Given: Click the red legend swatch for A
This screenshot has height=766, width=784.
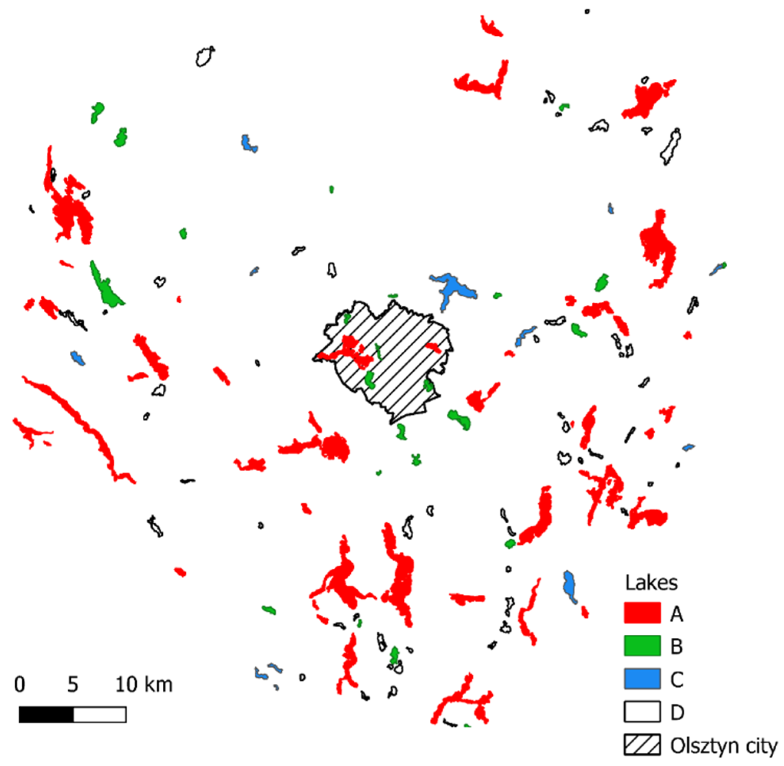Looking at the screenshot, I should click(x=642, y=612).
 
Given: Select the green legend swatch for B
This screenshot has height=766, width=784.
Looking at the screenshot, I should click(x=642, y=646).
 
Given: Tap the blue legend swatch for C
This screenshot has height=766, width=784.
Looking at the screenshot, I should click(x=642, y=679).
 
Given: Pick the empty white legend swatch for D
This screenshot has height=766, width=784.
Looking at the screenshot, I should click(x=642, y=712).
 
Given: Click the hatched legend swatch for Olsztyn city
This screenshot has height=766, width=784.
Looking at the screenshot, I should click(x=642, y=744).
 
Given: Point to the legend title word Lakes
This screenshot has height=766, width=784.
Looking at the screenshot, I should click(x=651, y=582).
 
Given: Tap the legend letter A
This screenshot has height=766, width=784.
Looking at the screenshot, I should click(x=677, y=614).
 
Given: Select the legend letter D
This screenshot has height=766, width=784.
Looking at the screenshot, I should click(x=677, y=713).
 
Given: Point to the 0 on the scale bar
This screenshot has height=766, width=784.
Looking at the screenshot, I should click(x=19, y=684).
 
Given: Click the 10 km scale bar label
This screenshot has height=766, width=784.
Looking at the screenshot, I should click(x=144, y=684).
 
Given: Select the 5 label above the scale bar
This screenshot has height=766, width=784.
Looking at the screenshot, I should click(x=73, y=684).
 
